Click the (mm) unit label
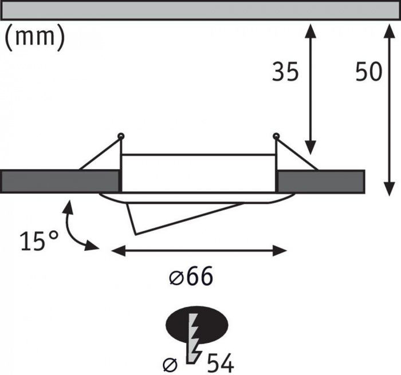[35, 38]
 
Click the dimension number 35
[285, 72]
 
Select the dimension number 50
[368, 72]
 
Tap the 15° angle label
[40, 240]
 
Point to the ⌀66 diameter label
[191, 276]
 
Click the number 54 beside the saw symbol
[221, 363]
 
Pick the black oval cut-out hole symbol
[197, 325]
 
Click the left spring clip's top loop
[121, 136]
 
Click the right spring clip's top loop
[276, 136]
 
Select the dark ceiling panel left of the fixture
[60, 181]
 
